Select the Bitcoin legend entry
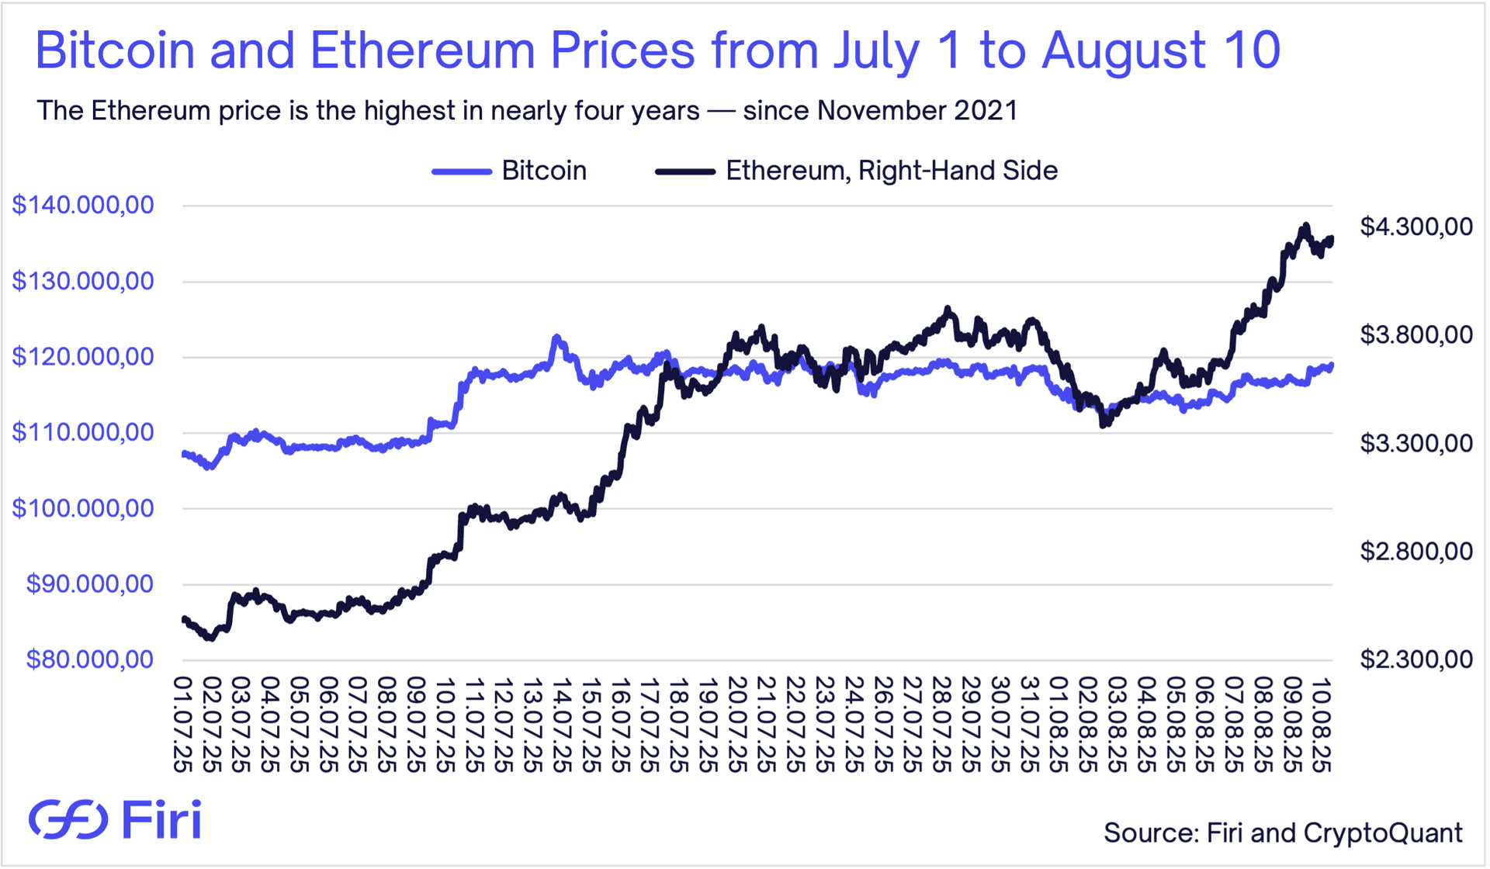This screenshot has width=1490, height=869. [509, 171]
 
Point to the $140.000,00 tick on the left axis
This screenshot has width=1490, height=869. [83, 206]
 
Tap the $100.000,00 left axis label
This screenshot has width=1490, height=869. [83, 509]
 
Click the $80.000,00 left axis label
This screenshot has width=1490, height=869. [90, 660]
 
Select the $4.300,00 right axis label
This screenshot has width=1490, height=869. [1416, 227]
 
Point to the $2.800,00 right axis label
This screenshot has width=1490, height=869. [1416, 552]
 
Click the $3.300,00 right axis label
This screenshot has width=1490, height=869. [1416, 444]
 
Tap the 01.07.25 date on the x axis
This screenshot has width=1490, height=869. [183, 725]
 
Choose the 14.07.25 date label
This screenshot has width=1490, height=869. [561, 725]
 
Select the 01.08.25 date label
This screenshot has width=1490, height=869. [1059, 725]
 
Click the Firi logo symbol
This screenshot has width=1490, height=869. [68, 819]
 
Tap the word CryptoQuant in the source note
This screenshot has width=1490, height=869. [1383, 833]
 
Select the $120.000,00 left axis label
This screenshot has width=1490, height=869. [83, 357]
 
